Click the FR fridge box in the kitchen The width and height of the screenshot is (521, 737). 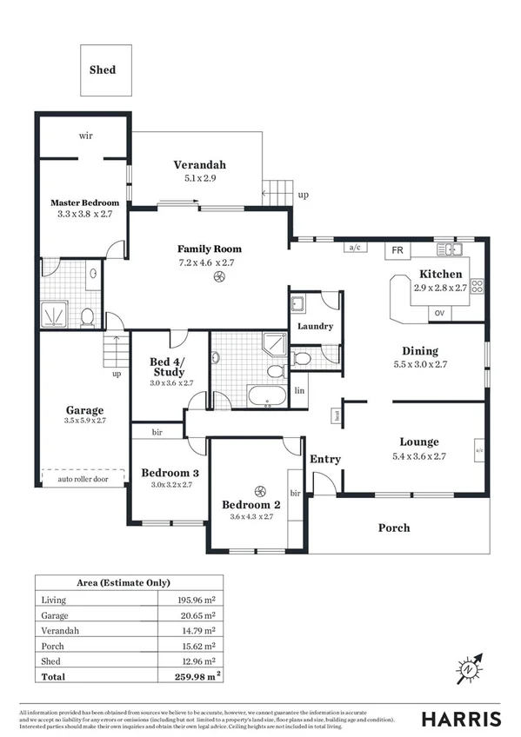click(x=397, y=250)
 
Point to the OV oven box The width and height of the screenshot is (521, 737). click(x=439, y=313)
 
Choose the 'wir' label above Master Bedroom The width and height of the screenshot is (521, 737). click(x=86, y=136)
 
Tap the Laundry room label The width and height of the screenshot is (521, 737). click(x=311, y=328)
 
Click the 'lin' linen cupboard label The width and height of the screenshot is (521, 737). click(x=300, y=390)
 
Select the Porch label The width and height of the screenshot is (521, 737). click(x=393, y=528)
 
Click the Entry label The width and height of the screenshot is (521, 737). click(x=325, y=459)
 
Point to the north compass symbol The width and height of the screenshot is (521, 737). click(x=470, y=667)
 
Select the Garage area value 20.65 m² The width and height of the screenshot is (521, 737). click(x=190, y=615)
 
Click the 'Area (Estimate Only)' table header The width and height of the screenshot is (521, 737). click(x=128, y=583)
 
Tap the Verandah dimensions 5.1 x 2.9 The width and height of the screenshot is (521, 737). click(x=199, y=178)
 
